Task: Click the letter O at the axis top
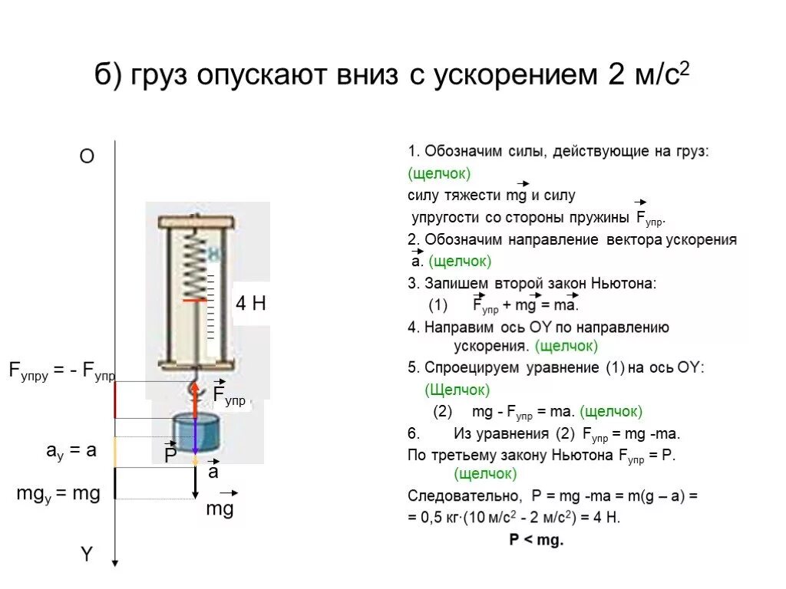coord(87,156)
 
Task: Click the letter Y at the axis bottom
coord(87,554)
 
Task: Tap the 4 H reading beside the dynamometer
coord(250,304)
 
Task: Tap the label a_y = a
coord(71,451)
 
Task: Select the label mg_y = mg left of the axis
coord(58,494)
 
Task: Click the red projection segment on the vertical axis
coord(115,400)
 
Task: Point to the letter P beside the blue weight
coord(170,456)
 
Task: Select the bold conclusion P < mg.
coord(536,540)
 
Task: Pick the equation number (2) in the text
coord(443,411)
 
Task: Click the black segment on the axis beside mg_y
coord(115,483)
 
